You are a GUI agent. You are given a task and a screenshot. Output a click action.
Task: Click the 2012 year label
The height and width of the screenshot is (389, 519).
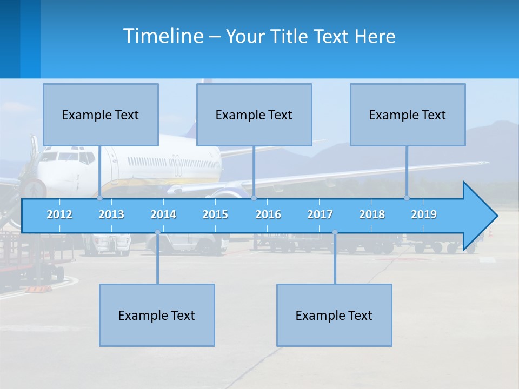click(x=59, y=214)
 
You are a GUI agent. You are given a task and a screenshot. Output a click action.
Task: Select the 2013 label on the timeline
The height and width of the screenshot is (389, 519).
click(x=111, y=214)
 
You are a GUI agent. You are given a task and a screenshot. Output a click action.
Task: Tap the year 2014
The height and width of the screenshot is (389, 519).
click(x=163, y=214)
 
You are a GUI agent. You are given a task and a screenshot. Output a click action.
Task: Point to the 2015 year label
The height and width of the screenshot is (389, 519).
click(x=215, y=214)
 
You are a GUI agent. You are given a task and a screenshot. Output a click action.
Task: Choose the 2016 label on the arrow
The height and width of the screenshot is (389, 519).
click(x=268, y=214)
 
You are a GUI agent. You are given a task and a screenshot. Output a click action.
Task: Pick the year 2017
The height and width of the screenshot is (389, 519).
click(x=320, y=214)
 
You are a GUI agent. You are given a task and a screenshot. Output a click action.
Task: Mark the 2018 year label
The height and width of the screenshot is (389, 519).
click(x=372, y=214)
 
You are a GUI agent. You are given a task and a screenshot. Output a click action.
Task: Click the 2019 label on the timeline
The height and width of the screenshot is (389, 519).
click(x=424, y=214)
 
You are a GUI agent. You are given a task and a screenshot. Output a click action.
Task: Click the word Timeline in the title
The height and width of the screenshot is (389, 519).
click(x=163, y=36)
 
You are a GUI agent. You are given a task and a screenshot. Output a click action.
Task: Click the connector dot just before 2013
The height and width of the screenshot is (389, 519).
click(x=99, y=198)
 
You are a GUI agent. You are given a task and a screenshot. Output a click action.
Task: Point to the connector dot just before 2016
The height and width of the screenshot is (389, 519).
click(x=254, y=198)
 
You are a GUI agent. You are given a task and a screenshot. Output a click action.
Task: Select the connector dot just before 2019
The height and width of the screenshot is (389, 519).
click(x=407, y=198)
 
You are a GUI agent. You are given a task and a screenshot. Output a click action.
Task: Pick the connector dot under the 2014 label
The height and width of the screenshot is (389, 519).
click(x=157, y=232)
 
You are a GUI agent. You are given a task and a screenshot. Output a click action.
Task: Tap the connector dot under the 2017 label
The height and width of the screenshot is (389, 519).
click(x=335, y=232)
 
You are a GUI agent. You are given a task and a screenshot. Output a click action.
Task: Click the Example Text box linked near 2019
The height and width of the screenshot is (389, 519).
click(x=408, y=115)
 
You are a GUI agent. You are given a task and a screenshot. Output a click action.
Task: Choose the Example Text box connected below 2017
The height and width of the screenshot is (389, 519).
click(x=334, y=315)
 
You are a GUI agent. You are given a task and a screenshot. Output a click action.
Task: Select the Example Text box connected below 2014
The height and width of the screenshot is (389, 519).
click(x=157, y=315)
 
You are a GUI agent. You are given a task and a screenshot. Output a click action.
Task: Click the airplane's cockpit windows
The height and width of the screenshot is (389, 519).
click(x=68, y=157)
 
